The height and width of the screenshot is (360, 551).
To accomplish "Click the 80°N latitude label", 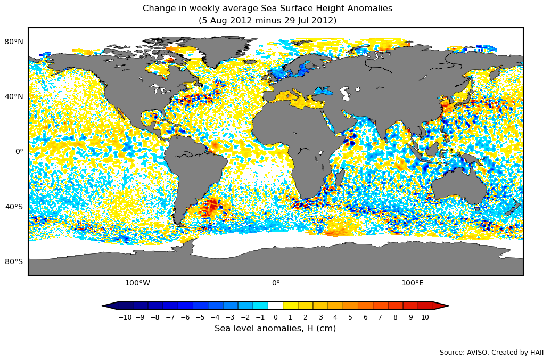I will coord(14,42).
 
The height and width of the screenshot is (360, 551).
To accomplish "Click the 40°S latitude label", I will coord(14,207).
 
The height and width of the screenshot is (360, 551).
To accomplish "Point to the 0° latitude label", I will coord(19,151).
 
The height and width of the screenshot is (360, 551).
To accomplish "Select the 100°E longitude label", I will coord(412,283).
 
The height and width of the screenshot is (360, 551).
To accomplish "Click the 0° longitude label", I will coord(276,283).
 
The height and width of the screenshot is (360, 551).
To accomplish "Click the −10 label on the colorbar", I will coord(125,317).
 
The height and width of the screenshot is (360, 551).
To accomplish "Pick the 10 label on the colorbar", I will coord(425,317).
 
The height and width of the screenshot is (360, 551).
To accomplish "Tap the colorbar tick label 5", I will coord(350,317).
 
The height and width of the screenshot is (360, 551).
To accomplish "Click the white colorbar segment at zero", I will coord(275,306).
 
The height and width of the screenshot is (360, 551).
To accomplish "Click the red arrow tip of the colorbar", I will coord(441,306).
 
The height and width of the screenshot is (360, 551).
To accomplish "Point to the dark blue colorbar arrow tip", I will coord(110,306).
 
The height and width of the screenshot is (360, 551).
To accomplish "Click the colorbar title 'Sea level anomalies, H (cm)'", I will coord(275,329).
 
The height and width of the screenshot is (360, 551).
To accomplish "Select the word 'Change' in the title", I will coord(159,9).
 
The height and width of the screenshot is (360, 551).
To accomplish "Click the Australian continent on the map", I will coord(458,189).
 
